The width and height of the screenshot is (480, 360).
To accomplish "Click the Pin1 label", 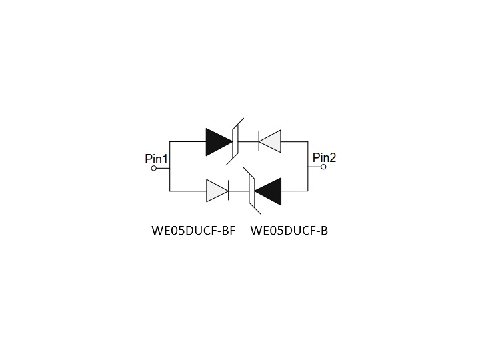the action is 156,159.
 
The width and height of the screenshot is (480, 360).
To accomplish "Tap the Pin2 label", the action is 324,157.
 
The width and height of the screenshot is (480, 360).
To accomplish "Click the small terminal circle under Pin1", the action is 154,168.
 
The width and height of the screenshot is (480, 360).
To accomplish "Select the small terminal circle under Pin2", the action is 323,167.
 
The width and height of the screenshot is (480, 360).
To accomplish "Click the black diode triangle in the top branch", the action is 219,142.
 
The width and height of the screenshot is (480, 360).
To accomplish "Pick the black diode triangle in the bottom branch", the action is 268,191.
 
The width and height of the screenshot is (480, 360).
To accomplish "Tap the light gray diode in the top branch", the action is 270,141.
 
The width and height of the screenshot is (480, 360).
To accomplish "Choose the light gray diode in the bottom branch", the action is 217,191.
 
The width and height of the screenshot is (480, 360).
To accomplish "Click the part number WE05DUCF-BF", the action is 193,231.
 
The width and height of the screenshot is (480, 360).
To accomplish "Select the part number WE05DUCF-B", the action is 289,231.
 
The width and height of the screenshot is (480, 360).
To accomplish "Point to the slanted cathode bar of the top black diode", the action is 235,141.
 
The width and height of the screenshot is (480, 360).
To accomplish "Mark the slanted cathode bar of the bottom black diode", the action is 252,191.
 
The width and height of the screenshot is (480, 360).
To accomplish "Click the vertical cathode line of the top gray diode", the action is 259,141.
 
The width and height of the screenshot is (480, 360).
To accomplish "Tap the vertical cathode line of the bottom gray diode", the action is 229,191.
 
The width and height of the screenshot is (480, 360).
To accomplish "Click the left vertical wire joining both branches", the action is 169,167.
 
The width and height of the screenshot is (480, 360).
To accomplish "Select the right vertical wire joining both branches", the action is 308,167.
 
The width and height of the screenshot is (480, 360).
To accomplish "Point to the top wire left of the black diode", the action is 188,142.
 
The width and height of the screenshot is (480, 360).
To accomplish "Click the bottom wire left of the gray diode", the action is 188,191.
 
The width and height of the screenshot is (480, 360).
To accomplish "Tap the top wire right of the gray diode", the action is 295,142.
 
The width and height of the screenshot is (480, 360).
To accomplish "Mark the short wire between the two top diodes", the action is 248,142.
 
